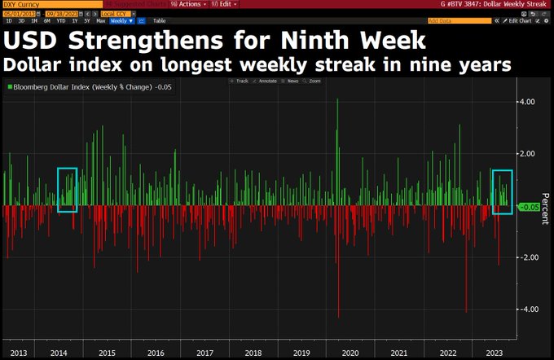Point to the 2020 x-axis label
pyautogui.click(x=350, y=353)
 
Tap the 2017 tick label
pyautogui.click(x=205, y=353)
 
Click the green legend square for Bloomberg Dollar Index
pyautogui.click(x=9, y=86)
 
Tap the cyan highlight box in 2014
pyautogui.click(x=67, y=190)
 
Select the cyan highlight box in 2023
pyautogui.click(x=502, y=192)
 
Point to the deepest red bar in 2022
pyautogui.click(x=466, y=310)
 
